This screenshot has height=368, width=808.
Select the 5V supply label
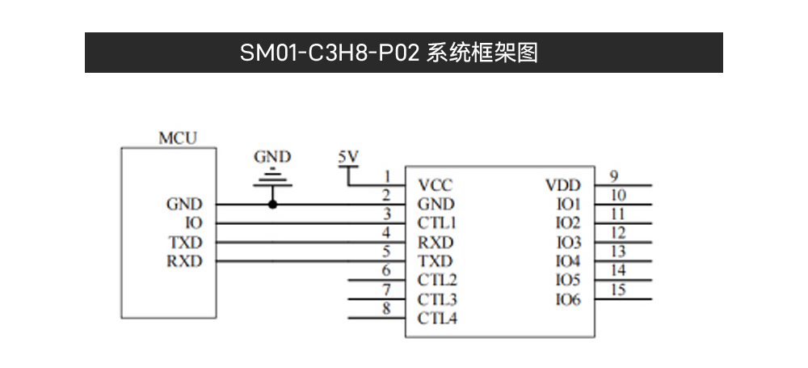[x=348, y=155]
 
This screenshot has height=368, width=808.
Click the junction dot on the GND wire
[x=272, y=205]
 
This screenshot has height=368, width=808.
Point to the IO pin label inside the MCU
[x=193, y=223]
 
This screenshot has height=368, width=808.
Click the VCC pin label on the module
[x=436, y=185]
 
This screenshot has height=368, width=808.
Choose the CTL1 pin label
[x=437, y=223]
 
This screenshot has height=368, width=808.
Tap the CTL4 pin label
[x=437, y=319]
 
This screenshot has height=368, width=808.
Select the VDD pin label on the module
[x=563, y=185]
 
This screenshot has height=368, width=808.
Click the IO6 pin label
[x=568, y=300]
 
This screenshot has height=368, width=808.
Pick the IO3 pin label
[x=568, y=243]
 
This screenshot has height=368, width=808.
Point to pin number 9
[x=614, y=176]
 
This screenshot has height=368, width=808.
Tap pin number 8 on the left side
[x=386, y=308]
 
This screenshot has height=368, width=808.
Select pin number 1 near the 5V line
[x=387, y=176]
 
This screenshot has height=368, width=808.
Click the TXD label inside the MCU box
[x=185, y=243]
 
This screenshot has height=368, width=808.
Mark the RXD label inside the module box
[x=436, y=243]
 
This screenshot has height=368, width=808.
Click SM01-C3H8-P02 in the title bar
[x=330, y=53]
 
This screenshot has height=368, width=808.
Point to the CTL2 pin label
[x=437, y=281]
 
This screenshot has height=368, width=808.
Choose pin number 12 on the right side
[x=617, y=233]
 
